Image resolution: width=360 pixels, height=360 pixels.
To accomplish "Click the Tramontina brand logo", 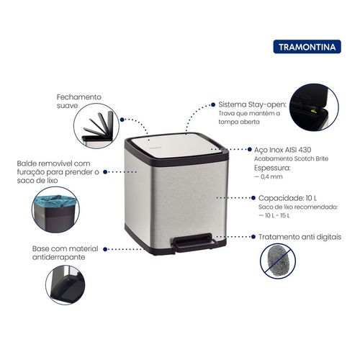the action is click(307, 47).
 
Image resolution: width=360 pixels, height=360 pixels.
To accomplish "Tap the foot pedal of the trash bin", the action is click(195, 243).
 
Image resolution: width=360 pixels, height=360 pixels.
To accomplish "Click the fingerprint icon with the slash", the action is click(278, 261).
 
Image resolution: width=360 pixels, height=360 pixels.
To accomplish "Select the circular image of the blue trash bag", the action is click(55, 210).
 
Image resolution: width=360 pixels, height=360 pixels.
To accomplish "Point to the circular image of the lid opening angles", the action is click(96, 126).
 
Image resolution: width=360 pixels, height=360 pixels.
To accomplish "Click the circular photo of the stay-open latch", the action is click(314, 107).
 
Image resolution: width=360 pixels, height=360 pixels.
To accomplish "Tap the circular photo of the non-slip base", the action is click(66, 285).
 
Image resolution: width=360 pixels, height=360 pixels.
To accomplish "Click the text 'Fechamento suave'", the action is click(79, 102).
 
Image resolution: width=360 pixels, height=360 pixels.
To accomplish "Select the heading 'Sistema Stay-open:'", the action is click(252, 104).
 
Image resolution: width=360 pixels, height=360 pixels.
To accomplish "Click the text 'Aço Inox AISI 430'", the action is click(282, 150).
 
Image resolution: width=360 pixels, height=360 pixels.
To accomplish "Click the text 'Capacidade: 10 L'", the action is click(287, 198).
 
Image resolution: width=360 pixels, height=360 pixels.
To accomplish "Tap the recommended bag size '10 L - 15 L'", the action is click(277, 215).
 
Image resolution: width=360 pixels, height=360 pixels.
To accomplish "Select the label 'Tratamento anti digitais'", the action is click(300, 237).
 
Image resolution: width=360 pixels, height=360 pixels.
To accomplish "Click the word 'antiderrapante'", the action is click(58, 257).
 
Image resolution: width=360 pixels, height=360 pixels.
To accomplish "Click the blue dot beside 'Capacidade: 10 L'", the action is click(253, 198).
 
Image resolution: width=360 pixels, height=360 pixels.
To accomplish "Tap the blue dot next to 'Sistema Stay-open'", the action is click(213, 104).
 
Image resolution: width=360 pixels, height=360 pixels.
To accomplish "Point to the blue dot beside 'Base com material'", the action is click(105, 249).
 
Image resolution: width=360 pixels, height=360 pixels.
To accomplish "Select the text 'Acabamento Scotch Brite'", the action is click(291, 158).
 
